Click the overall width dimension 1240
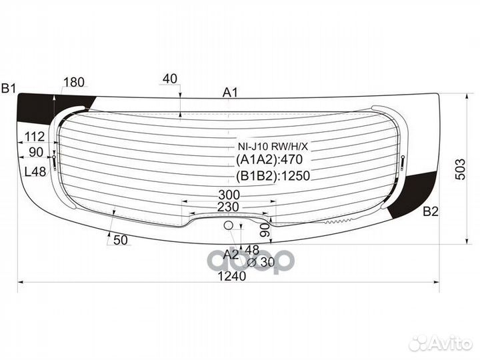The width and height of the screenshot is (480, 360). click(x=232, y=276)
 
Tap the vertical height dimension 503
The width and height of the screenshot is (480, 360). click(x=460, y=169)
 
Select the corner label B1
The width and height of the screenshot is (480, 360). click(x=9, y=89)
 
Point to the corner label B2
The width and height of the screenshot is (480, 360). click(x=431, y=211)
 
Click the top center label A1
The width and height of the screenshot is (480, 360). click(x=230, y=92)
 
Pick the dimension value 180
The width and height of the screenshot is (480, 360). click(x=74, y=82)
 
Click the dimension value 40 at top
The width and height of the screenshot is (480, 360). click(x=170, y=79)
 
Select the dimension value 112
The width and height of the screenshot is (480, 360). click(x=35, y=137)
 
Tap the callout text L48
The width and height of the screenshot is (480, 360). click(x=35, y=172)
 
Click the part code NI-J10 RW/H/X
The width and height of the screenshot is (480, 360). click(x=273, y=147)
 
